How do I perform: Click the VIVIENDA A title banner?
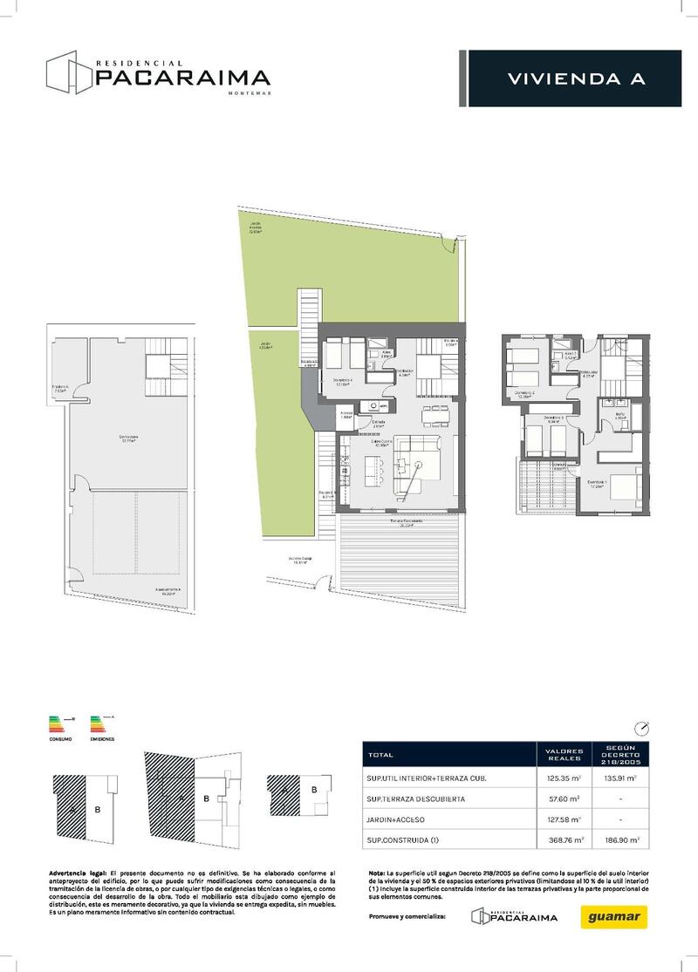pos(576,79)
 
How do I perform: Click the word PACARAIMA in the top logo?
pos(182,78)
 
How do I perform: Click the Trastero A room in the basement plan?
pos(60,390)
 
